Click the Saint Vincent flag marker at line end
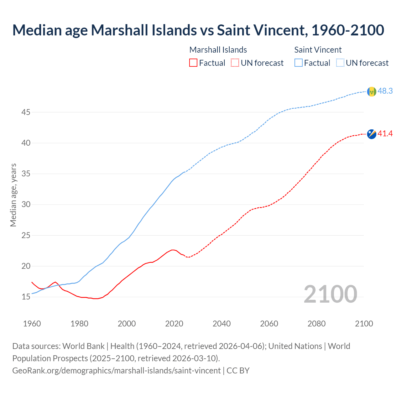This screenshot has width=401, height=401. [x=372, y=91]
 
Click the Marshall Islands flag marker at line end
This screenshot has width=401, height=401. [x=372, y=134]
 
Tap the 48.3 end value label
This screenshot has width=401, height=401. [x=385, y=91]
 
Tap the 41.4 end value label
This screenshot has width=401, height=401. [x=385, y=134]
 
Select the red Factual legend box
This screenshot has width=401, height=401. [x=193, y=63]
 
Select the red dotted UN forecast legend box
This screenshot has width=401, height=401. [x=235, y=63]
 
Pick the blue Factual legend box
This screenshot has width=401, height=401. [x=299, y=63]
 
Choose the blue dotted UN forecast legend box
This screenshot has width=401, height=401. [x=340, y=63]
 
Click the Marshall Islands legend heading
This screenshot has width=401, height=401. [x=218, y=50]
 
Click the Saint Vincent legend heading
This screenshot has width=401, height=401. [x=318, y=50]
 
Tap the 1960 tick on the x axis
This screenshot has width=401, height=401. [x=32, y=324]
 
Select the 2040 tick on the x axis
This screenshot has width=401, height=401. [x=221, y=324]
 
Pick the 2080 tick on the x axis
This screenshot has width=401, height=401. [x=316, y=324]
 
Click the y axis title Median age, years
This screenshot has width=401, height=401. [x=13, y=195]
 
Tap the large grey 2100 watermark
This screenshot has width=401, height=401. [x=330, y=294]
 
